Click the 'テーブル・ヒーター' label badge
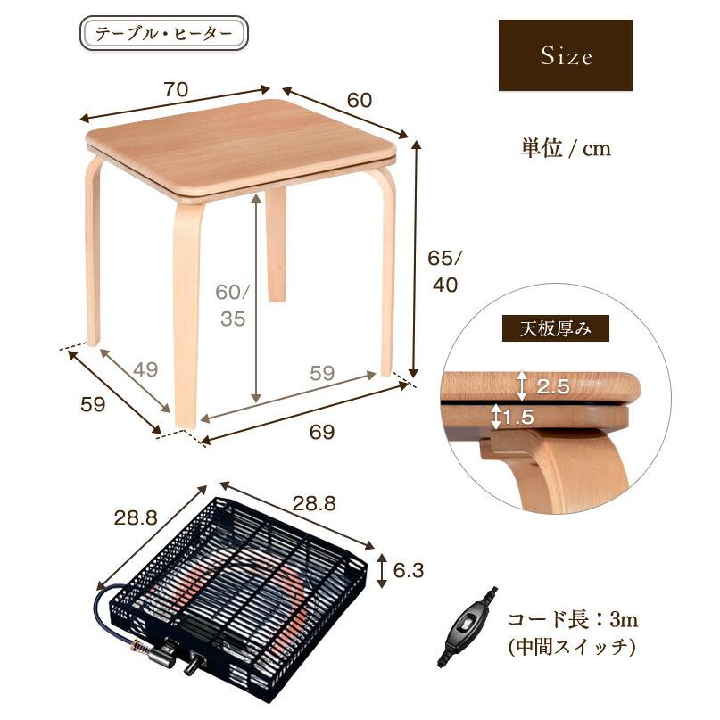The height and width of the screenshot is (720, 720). pos(163,35)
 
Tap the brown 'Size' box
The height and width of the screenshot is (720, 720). pos(565,55)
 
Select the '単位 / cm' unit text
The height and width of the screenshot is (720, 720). pos(566,148)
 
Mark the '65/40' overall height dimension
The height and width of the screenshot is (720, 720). pos(444,272)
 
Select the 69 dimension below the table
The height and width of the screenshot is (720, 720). pos(321,432)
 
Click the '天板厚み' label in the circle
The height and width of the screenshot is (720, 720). pos(556,328)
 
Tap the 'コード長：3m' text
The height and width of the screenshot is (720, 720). pos(573,618)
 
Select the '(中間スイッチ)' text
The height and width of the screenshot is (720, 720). pos(571,648)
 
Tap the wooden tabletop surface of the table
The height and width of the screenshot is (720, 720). pos(241,143)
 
